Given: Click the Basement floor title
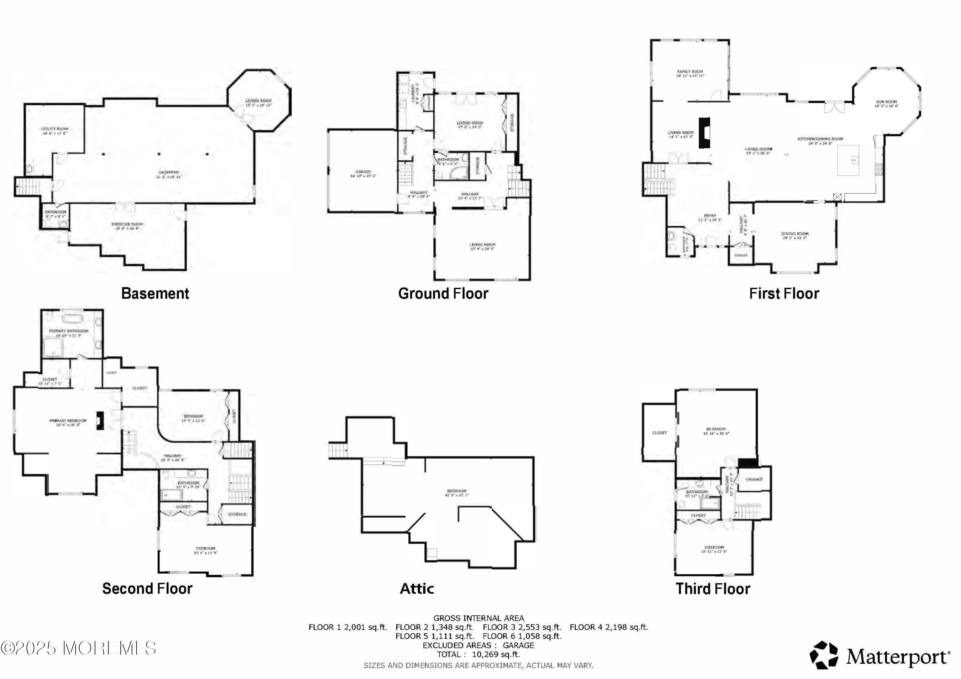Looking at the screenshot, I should click(155, 294).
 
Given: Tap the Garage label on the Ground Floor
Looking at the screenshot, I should click(363, 172).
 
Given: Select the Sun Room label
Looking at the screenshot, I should click(886, 102).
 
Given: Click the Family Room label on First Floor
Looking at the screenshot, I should click(690, 72).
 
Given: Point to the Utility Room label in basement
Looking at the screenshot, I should click(54, 129).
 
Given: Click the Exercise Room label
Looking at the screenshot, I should click(127, 224).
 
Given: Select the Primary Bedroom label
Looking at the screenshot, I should click(68, 421).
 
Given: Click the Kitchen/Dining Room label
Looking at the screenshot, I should click(820, 139).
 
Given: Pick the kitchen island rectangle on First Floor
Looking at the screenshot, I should click(848, 160).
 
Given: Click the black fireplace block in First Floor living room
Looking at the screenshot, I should click(704, 133).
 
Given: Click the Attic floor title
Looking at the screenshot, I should click(416, 589).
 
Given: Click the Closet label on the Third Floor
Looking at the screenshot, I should click(659, 433).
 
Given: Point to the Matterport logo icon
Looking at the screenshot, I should click(823, 655).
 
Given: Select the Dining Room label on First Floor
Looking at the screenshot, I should click(794, 234).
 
